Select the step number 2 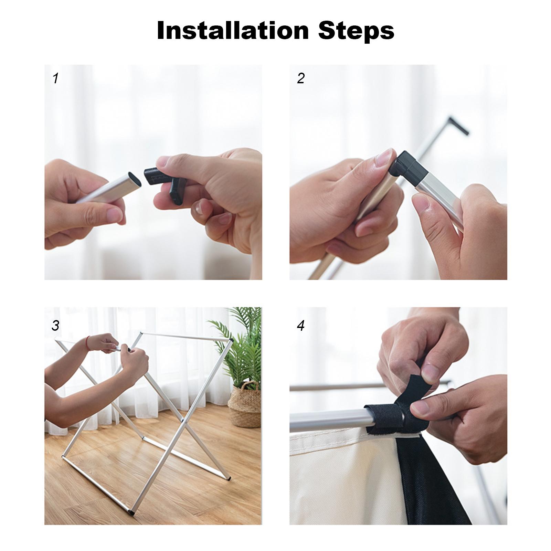(301, 78)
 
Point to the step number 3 (55, 325)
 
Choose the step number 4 (301, 325)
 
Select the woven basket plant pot (244, 404)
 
